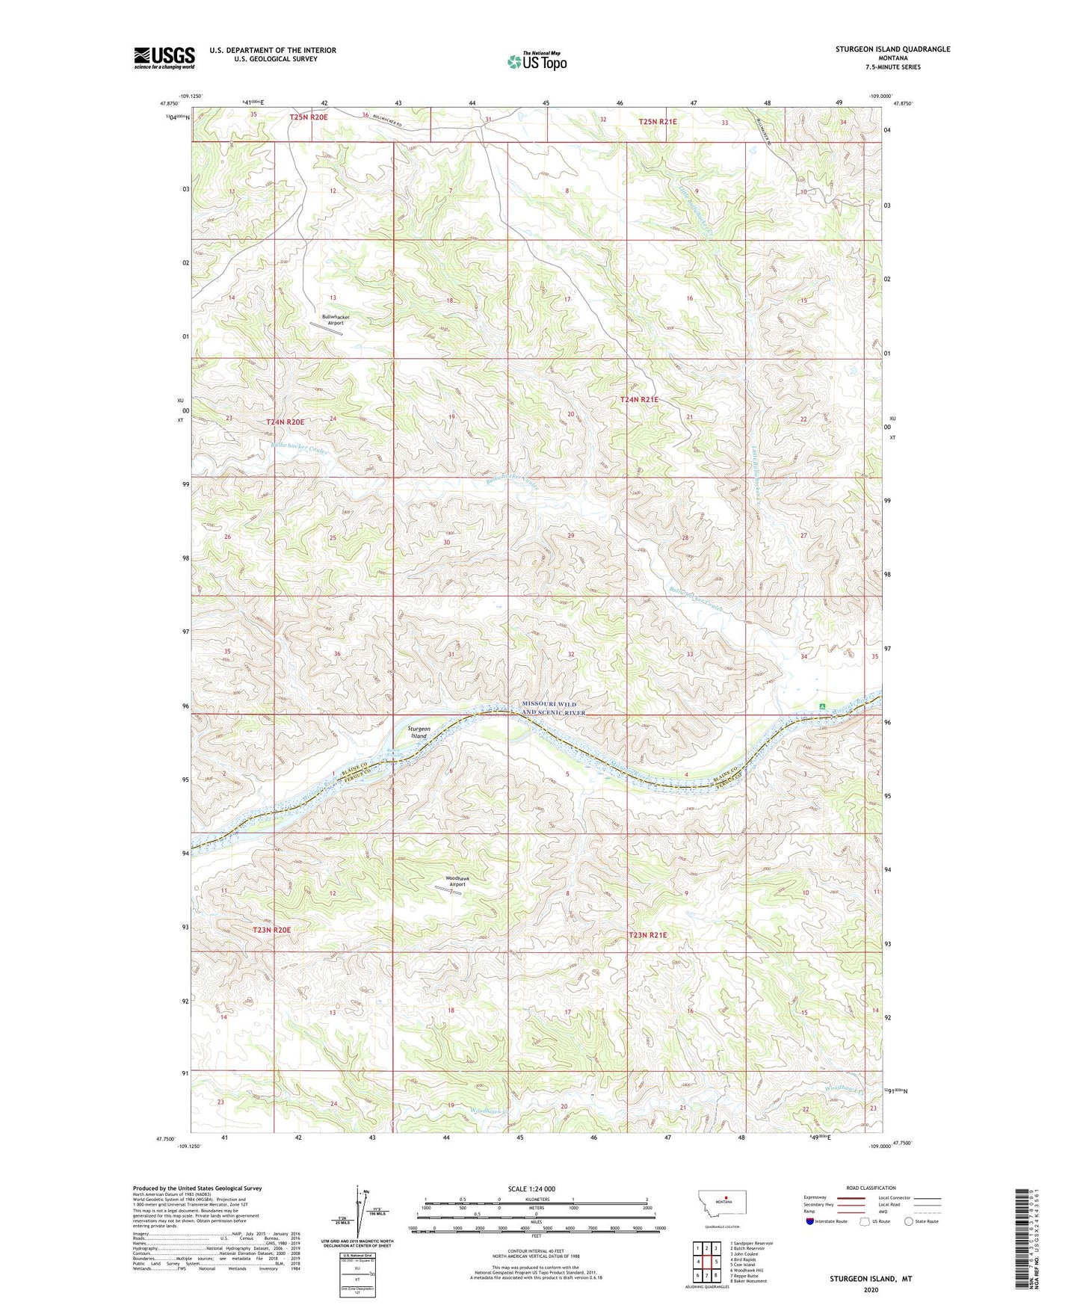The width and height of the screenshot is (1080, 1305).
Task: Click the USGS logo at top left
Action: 164,57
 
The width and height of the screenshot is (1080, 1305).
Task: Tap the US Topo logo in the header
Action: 537,61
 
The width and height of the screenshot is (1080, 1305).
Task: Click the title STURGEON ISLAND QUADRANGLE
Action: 892,49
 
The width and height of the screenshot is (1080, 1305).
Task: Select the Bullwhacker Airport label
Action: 336,320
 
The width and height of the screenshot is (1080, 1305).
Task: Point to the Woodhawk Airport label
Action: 457,880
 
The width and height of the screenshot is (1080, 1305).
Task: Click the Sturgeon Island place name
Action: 419,732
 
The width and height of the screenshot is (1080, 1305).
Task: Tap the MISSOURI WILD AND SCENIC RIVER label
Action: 553,709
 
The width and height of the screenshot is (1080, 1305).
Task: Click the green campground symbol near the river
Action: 822,706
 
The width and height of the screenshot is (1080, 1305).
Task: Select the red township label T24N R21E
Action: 639,400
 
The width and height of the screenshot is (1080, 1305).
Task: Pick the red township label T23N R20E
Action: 271,930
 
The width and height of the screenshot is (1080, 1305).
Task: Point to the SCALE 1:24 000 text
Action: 531,1188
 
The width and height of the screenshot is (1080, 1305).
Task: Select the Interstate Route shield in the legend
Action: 810,1221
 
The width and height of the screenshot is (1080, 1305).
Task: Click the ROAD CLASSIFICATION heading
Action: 871,1188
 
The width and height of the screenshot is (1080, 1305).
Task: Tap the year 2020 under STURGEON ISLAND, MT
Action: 871,1289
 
